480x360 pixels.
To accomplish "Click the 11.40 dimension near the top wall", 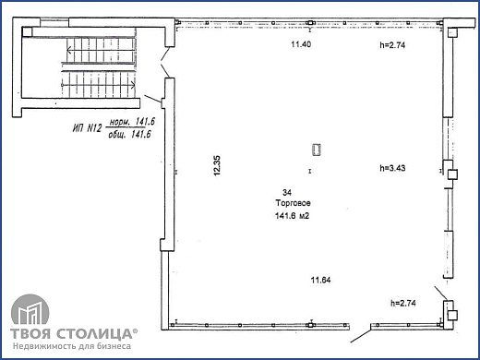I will click(301, 44).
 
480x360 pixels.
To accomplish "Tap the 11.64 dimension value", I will click(320, 281).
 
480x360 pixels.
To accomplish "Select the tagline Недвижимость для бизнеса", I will click(71, 347).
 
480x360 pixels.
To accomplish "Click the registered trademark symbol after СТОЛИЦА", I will click(136, 329).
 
